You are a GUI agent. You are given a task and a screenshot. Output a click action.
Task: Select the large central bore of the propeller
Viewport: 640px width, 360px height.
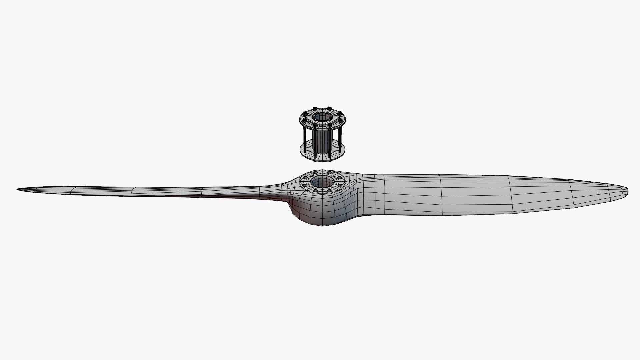click(322, 182)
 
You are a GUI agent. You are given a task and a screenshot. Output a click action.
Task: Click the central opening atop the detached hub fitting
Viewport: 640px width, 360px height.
click(322, 117)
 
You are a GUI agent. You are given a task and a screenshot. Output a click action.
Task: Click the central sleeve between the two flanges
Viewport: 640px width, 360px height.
click(322, 142)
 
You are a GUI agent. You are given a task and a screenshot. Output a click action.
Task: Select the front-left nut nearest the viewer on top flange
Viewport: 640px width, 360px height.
click(315, 126)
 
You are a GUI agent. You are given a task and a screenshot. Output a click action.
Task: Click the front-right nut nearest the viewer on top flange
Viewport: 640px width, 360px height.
click(330, 126)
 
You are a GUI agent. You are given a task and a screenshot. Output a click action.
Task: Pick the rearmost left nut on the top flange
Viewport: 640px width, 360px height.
click(315, 108)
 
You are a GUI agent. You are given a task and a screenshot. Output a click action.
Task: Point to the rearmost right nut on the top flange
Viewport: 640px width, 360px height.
click(329, 108)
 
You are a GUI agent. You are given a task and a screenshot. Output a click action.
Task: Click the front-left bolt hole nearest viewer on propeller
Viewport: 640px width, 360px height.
click(315, 191)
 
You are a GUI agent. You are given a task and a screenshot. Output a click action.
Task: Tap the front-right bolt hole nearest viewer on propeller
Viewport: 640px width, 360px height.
click(329, 191)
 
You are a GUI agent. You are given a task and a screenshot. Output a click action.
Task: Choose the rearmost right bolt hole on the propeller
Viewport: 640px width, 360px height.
click(329, 173)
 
